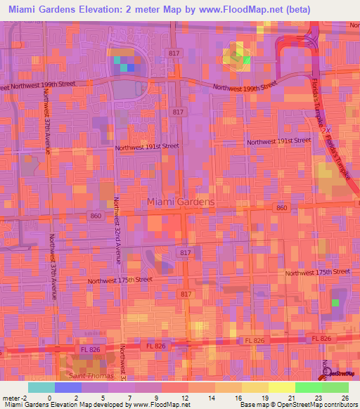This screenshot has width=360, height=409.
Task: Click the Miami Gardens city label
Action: [x=181, y=202]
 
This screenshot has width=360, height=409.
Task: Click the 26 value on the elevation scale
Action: [x=345, y=398]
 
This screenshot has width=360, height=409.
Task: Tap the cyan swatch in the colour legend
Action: [x=41, y=387]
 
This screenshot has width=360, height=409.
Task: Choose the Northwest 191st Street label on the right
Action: [x=278, y=141]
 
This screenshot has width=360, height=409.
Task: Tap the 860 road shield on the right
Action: [x=281, y=208]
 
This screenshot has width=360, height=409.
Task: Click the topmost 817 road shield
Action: [x=175, y=53]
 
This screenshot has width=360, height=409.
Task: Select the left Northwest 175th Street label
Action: [x=120, y=280]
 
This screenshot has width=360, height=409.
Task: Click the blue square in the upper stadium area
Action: [x=130, y=68]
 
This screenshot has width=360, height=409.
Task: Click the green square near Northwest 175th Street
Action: [x=335, y=302]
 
